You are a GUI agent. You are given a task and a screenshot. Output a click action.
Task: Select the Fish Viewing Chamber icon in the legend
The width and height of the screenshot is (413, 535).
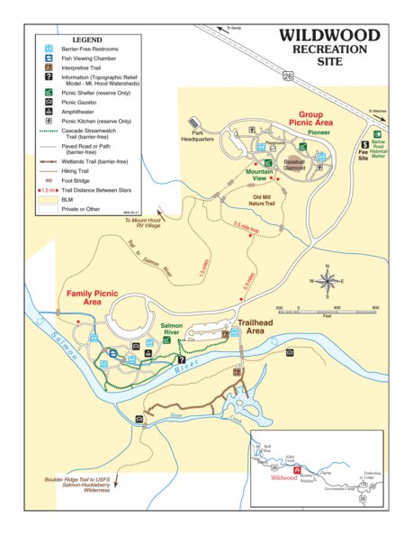(x=49, y=57)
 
